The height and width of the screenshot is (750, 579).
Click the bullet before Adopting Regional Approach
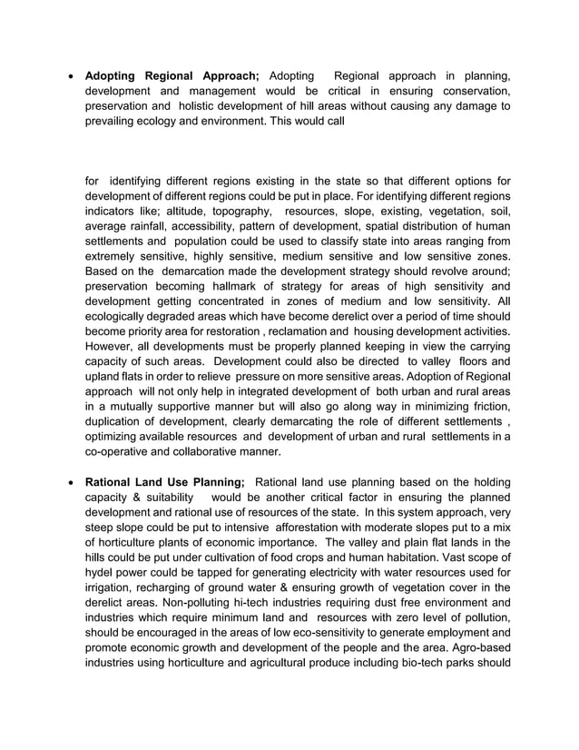tap(70, 76)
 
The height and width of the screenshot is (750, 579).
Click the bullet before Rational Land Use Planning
tap(70, 481)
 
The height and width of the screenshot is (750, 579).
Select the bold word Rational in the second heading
tap(113, 481)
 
